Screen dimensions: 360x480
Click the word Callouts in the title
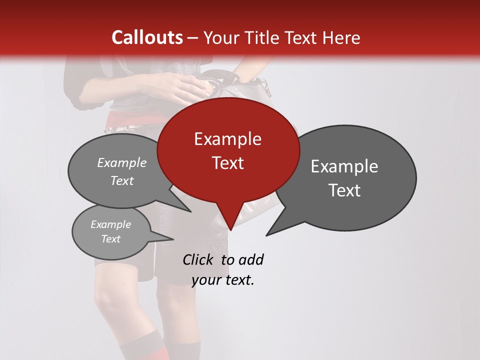tap(147, 37)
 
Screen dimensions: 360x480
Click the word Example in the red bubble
tap(227, 139)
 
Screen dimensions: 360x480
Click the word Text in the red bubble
tap(227, 163)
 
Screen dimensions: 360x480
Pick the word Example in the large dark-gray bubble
tap(344, 166)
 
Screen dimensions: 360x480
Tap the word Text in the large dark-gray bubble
tap(344, 190)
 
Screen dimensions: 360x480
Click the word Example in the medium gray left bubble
tap(121, 163)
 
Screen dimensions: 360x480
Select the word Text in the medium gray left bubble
tap(121, 181)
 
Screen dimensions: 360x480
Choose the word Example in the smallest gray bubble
tap(110, 224)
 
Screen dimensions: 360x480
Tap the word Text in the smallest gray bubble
tap(110, 239)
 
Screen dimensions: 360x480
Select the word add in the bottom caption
tap(251, 259)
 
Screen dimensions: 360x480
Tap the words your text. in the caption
tap(223, 280)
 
